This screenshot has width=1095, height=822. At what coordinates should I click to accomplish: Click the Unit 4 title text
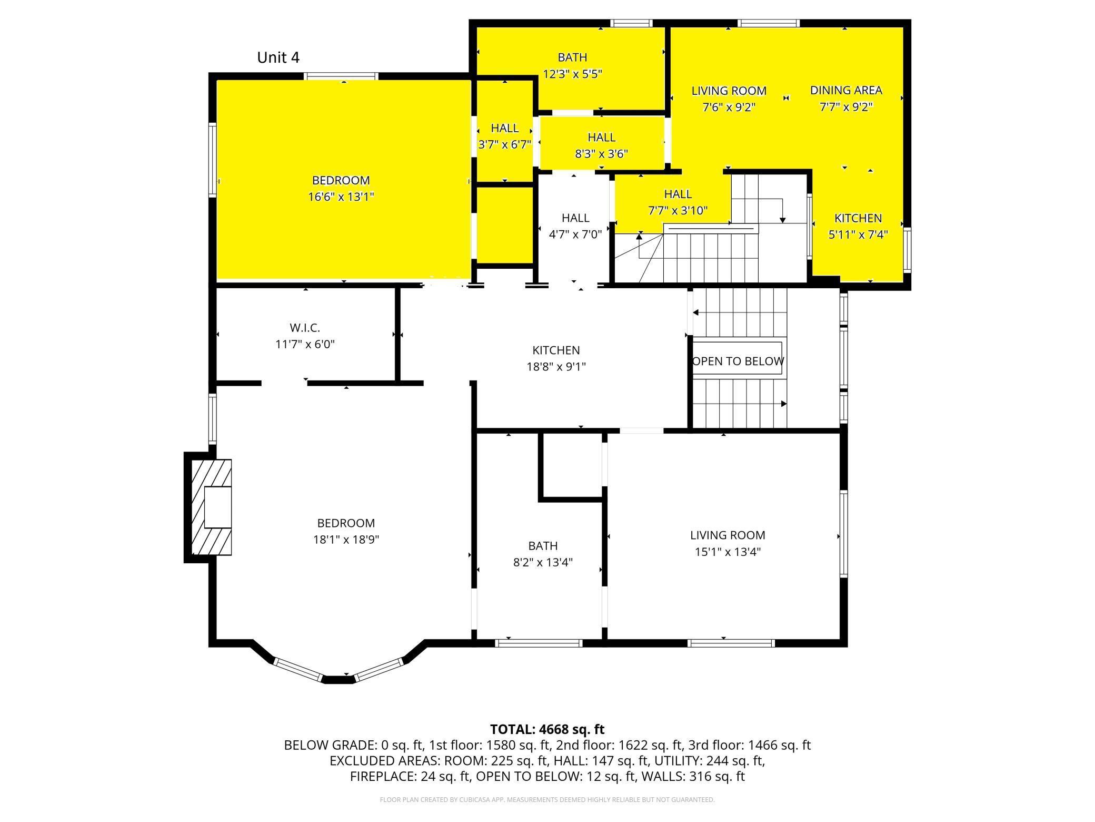pyautogui.click(x=278, y=57)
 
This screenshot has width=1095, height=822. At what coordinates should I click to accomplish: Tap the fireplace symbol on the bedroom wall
pyautogui.click(x=211, y=507)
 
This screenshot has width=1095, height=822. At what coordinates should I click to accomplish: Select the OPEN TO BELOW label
pyautogui.click(x=738, y=361)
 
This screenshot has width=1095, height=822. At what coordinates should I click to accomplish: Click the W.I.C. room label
pyautogui.click(x=304, y=328)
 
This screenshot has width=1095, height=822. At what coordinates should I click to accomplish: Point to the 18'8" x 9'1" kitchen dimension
pyautogui.click(x=556, y=367)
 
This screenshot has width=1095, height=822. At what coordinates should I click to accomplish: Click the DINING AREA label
pyautogui.click(x=845, y=90)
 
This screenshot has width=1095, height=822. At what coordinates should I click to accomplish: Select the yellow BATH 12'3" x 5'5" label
pyautogui.click(x=572, y=65)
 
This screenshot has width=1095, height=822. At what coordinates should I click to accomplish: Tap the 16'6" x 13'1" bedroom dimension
pyautogui.click(x=341, y=197)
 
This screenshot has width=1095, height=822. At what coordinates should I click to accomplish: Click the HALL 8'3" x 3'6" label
pyautogui.click(x=601, y=145)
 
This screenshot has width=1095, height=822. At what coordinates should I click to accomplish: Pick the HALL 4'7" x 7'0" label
pyautogui.click(x=575, y=226)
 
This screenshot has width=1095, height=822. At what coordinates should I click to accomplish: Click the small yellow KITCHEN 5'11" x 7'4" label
pyautogui.click(x=858, y=226)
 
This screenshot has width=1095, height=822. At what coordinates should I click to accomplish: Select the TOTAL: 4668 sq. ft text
pyautogui.click(x=547, y=729)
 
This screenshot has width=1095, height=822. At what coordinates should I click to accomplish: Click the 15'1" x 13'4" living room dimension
pyautogui.click(x=728, y=552)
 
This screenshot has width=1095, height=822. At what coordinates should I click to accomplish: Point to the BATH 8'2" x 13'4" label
pyautogui.click(x=543, y=554)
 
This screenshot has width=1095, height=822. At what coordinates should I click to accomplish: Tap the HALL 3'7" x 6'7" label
pyautogui.click(x=504, y=136)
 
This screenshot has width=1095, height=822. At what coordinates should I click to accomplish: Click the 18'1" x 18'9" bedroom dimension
pyautogui.click(x=346, y=540)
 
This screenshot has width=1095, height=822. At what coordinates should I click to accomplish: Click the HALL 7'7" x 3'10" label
pyautogui.click(x=677, y=202)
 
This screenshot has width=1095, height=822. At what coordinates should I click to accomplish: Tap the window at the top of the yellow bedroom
pyautogui.click(x=342, y=76)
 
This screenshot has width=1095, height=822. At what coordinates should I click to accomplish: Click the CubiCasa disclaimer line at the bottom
pyautogui.click(x=547, y=800)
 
